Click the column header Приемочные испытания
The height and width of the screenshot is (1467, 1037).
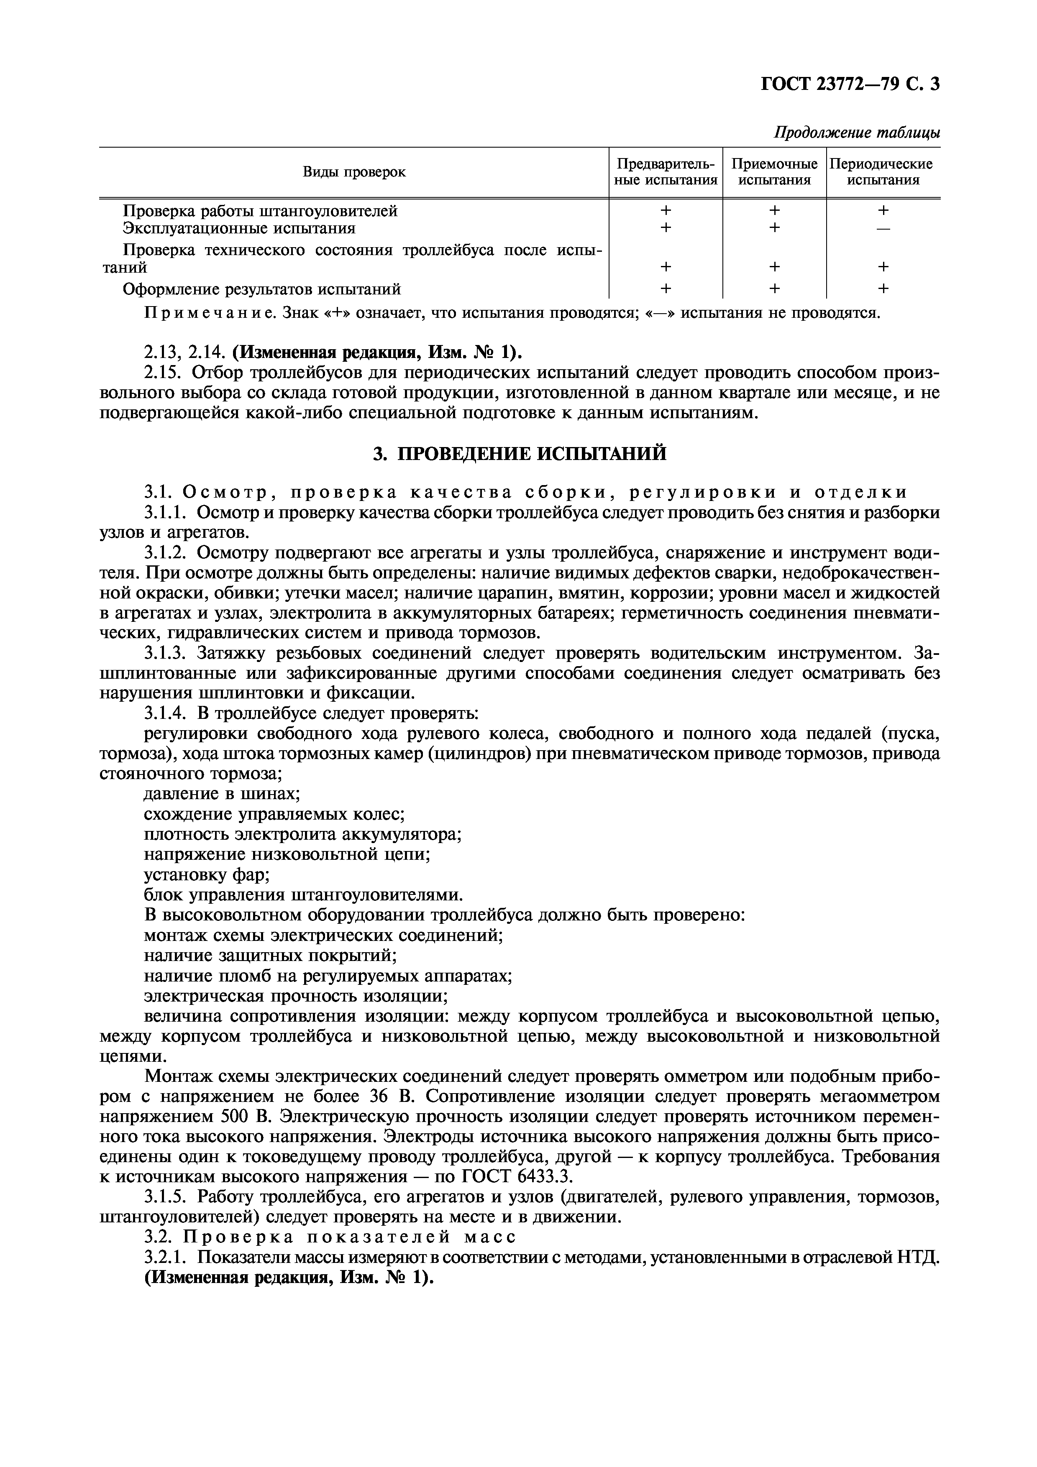click(x=774, y=172)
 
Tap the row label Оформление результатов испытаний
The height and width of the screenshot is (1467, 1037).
click(x=261, y=289)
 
